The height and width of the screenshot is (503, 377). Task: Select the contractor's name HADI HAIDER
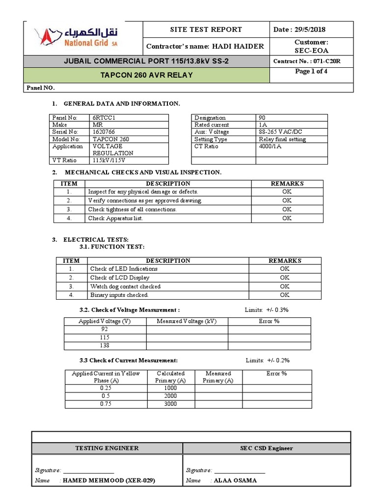tap(238, 46)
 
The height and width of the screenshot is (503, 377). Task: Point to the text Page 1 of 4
tap(311, 72)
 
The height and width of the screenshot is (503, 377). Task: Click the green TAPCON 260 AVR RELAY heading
tap(147, 75)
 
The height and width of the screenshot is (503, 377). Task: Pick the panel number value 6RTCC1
tap(104, 118)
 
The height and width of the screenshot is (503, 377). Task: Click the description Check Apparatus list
tap(115, 218)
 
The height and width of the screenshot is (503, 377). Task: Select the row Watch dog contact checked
tap(125, 286)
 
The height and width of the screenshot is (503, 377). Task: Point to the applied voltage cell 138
tap(105, 346)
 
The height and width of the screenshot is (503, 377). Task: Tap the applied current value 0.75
tap(106, 404)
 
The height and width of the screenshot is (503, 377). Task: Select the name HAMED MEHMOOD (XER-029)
tap(109, 480)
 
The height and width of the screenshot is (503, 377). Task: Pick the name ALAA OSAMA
tap(235, 480)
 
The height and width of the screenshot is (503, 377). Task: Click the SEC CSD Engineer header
tap(266, 448)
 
